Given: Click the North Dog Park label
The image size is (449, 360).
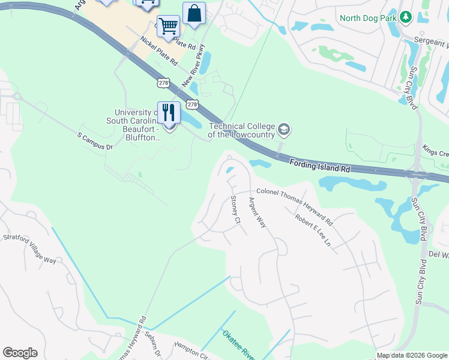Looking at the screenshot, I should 368,17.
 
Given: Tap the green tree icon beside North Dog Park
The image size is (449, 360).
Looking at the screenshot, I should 405,17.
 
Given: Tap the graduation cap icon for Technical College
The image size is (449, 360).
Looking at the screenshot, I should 284,129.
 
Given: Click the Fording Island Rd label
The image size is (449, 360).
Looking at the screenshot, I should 319,166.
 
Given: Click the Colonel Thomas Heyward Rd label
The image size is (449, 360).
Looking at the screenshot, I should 295,204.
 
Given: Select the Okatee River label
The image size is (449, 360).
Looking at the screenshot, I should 239,345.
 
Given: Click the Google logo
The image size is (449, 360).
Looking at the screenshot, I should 20,353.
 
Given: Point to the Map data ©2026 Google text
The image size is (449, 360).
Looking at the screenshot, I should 412,355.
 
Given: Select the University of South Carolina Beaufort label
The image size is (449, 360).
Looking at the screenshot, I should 137,125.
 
